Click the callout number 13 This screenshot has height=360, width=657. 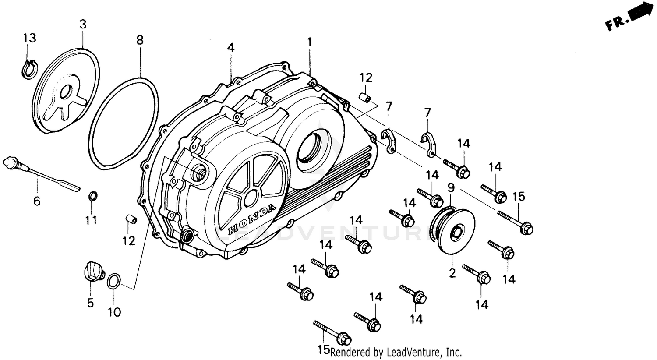tap(29, 38)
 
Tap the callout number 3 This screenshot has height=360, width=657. tap(83, 24)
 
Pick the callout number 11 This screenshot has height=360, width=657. tap(91, 219)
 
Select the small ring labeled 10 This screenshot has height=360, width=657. tap(113, 281)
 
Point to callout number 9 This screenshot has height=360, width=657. tap(451, 188)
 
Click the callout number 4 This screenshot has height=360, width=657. tap(231, 47)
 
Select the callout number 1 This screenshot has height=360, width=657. tap(310, 42)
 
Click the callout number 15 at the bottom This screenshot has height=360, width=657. tap(323, 350)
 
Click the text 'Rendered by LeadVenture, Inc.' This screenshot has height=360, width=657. tap(396, 352)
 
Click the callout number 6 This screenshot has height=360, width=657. tap(37, 201)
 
